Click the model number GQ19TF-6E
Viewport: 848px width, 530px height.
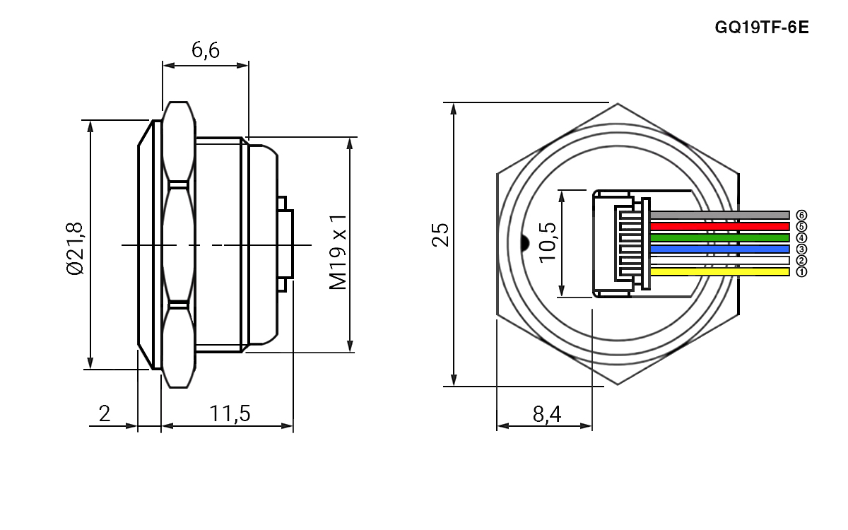point(762,28)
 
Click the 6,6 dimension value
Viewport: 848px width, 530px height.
point(205,50)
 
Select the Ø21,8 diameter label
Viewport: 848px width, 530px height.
point(74,248)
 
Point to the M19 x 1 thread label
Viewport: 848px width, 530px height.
point(338,252)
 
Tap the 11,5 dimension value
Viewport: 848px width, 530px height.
point(230,413)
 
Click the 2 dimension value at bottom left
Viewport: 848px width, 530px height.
point(105,413)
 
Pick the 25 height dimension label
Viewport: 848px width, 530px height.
point(440,235)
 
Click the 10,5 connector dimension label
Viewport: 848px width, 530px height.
point(548,242)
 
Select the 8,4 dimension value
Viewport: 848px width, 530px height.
point(547,414)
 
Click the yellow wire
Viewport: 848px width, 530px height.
point(720,272)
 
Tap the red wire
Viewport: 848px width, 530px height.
point(720,226)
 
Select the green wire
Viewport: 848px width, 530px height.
point(720,237)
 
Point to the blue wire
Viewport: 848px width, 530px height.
point(720,249)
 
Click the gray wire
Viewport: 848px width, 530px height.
point(720,215)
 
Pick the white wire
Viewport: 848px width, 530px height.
point(720,261)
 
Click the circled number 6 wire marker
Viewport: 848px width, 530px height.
point(801,215)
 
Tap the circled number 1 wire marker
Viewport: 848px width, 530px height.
point(801,272)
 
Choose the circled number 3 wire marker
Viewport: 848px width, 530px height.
point(801,249)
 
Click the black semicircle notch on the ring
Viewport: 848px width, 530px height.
point(524,243)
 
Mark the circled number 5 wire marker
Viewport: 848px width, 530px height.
point(801,226)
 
